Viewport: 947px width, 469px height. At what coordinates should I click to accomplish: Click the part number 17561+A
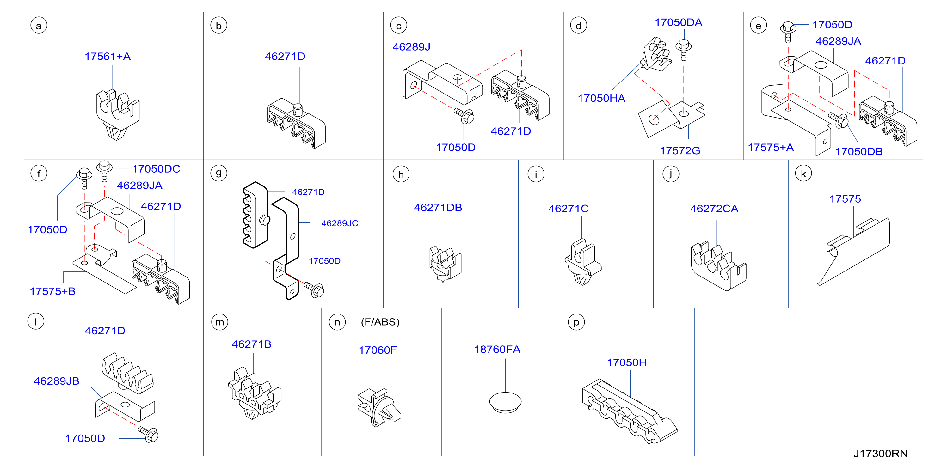click(x=108, y=56)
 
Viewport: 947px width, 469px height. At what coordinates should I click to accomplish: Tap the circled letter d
click(x=578, y=26)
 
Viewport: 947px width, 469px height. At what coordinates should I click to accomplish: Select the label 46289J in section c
click(x=411, y=47)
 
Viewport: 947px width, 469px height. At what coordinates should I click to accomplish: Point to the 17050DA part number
click(x=678, y=22)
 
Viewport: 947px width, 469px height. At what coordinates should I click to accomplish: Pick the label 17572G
click(x=680, y=151)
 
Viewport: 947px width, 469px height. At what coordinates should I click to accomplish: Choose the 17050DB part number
click(x=859, y=151)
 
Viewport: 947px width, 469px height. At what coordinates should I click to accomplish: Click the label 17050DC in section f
click(x=156, y=169)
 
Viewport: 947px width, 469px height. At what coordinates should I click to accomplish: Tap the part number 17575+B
click(x=52, y=291)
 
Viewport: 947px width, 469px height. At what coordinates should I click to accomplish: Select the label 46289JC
click(x=340, y=223)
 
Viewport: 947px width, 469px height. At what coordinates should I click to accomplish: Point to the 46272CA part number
click(x=714, y=209)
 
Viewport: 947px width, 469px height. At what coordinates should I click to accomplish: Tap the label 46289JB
click(x=57, y=381)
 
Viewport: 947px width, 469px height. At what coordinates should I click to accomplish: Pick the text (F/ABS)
click(x=380, y=322)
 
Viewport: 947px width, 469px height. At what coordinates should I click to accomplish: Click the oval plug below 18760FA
click(x=505, y=402)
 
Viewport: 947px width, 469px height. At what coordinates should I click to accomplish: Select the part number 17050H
click(x=627, y=362)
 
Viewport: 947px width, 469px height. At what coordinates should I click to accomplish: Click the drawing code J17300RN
click(x=881, y=454)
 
